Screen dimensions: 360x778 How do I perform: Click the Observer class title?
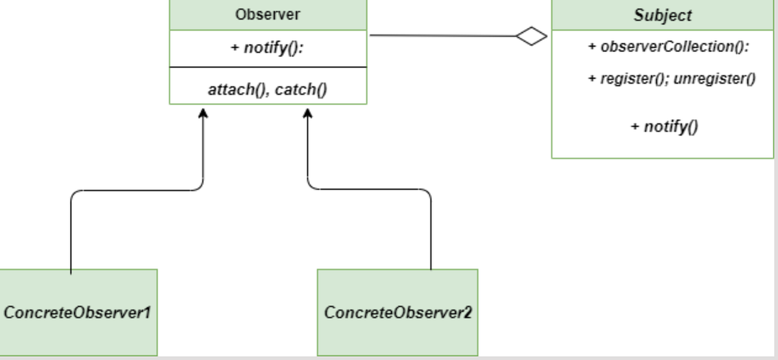[268, 14]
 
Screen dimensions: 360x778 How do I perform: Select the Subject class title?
[663, 15]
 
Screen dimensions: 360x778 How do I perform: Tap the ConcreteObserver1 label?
[77, 313]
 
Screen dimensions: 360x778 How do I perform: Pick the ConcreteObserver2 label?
[397, 313]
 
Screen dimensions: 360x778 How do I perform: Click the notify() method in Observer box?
[268, 49]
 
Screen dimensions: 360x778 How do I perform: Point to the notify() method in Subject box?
[664, 126]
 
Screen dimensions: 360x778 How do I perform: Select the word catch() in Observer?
[300, 90]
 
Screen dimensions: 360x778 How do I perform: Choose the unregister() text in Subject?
[718, 79]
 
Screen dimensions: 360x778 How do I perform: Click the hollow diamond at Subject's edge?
[532, 36]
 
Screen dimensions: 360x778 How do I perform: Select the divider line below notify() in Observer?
[268, 67]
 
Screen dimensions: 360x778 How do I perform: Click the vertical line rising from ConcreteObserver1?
[70, 234]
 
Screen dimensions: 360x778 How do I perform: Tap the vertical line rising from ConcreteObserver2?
[430, 234]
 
